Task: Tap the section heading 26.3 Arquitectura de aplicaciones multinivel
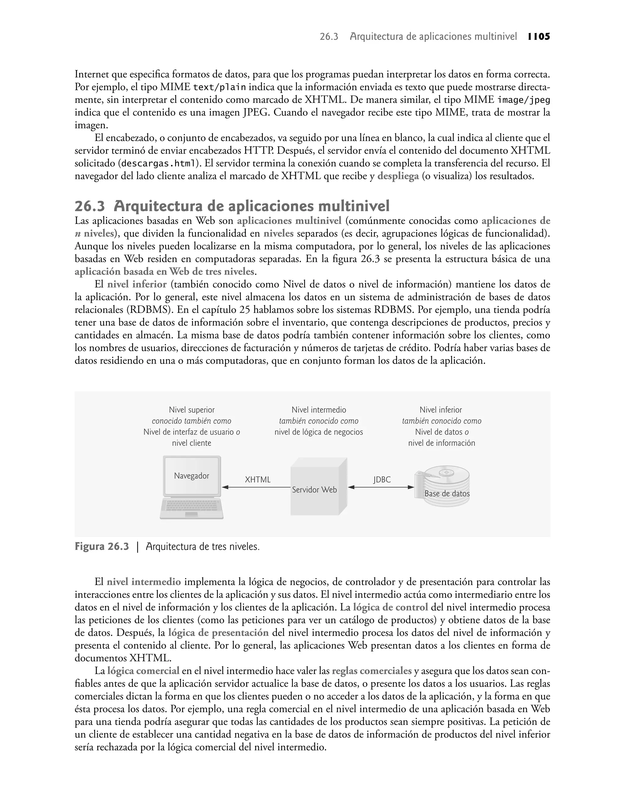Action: click(232, 207)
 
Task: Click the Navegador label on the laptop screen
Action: click(191, 476)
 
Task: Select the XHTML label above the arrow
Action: click(258, 480)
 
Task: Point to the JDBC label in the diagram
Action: click(382, 480)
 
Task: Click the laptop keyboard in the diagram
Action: click(192, 506)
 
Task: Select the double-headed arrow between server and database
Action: click(381, 487)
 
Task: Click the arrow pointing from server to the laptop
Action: click(256, 487)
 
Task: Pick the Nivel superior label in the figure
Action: click(192, 410)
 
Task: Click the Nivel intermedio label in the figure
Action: click(319, 410)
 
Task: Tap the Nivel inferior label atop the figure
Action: click(440, 410)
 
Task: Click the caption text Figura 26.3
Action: click(102, 547)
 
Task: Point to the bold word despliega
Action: click(398, 176)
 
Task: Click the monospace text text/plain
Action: click(219, 87)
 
